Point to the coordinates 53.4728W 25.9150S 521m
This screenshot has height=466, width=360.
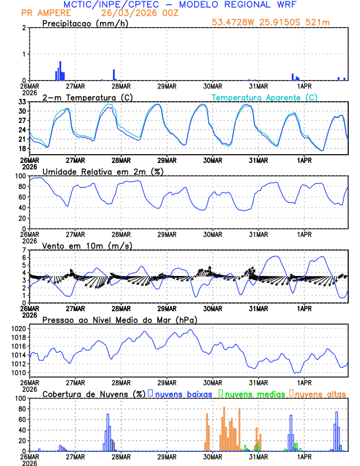click(x=278, y=22)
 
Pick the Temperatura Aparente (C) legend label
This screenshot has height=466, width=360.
click(x=264, y=97)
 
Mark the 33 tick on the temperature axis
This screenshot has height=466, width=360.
click(x=21, y=102)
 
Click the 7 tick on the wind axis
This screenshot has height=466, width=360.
click(x=24, y=250)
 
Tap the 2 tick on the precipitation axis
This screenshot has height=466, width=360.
click(x=24, y=28)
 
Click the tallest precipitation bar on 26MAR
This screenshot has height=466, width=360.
click(x=60, y=71)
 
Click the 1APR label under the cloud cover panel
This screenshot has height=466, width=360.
click(x=304, y=457)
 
